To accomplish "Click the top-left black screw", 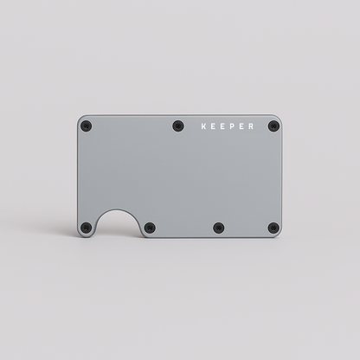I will click(86, 126).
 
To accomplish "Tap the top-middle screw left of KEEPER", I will click(178, 125).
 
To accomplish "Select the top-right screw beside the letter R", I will click(273, 126).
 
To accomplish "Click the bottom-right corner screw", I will click(273, 228).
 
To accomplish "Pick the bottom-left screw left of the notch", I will click(86, 228).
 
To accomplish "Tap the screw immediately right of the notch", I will click(150, 228).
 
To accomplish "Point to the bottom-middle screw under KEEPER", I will click(217, 228).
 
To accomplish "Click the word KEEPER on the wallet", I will click(228, 126).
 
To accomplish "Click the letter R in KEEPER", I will click(251, 126).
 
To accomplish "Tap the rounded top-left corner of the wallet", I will click(80, 119).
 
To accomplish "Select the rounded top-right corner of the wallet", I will click(280, 119).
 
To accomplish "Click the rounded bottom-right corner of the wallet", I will click(280, 235).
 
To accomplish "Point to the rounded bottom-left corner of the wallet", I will click(80, 235).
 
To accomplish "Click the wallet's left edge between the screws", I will click(78, 177).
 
